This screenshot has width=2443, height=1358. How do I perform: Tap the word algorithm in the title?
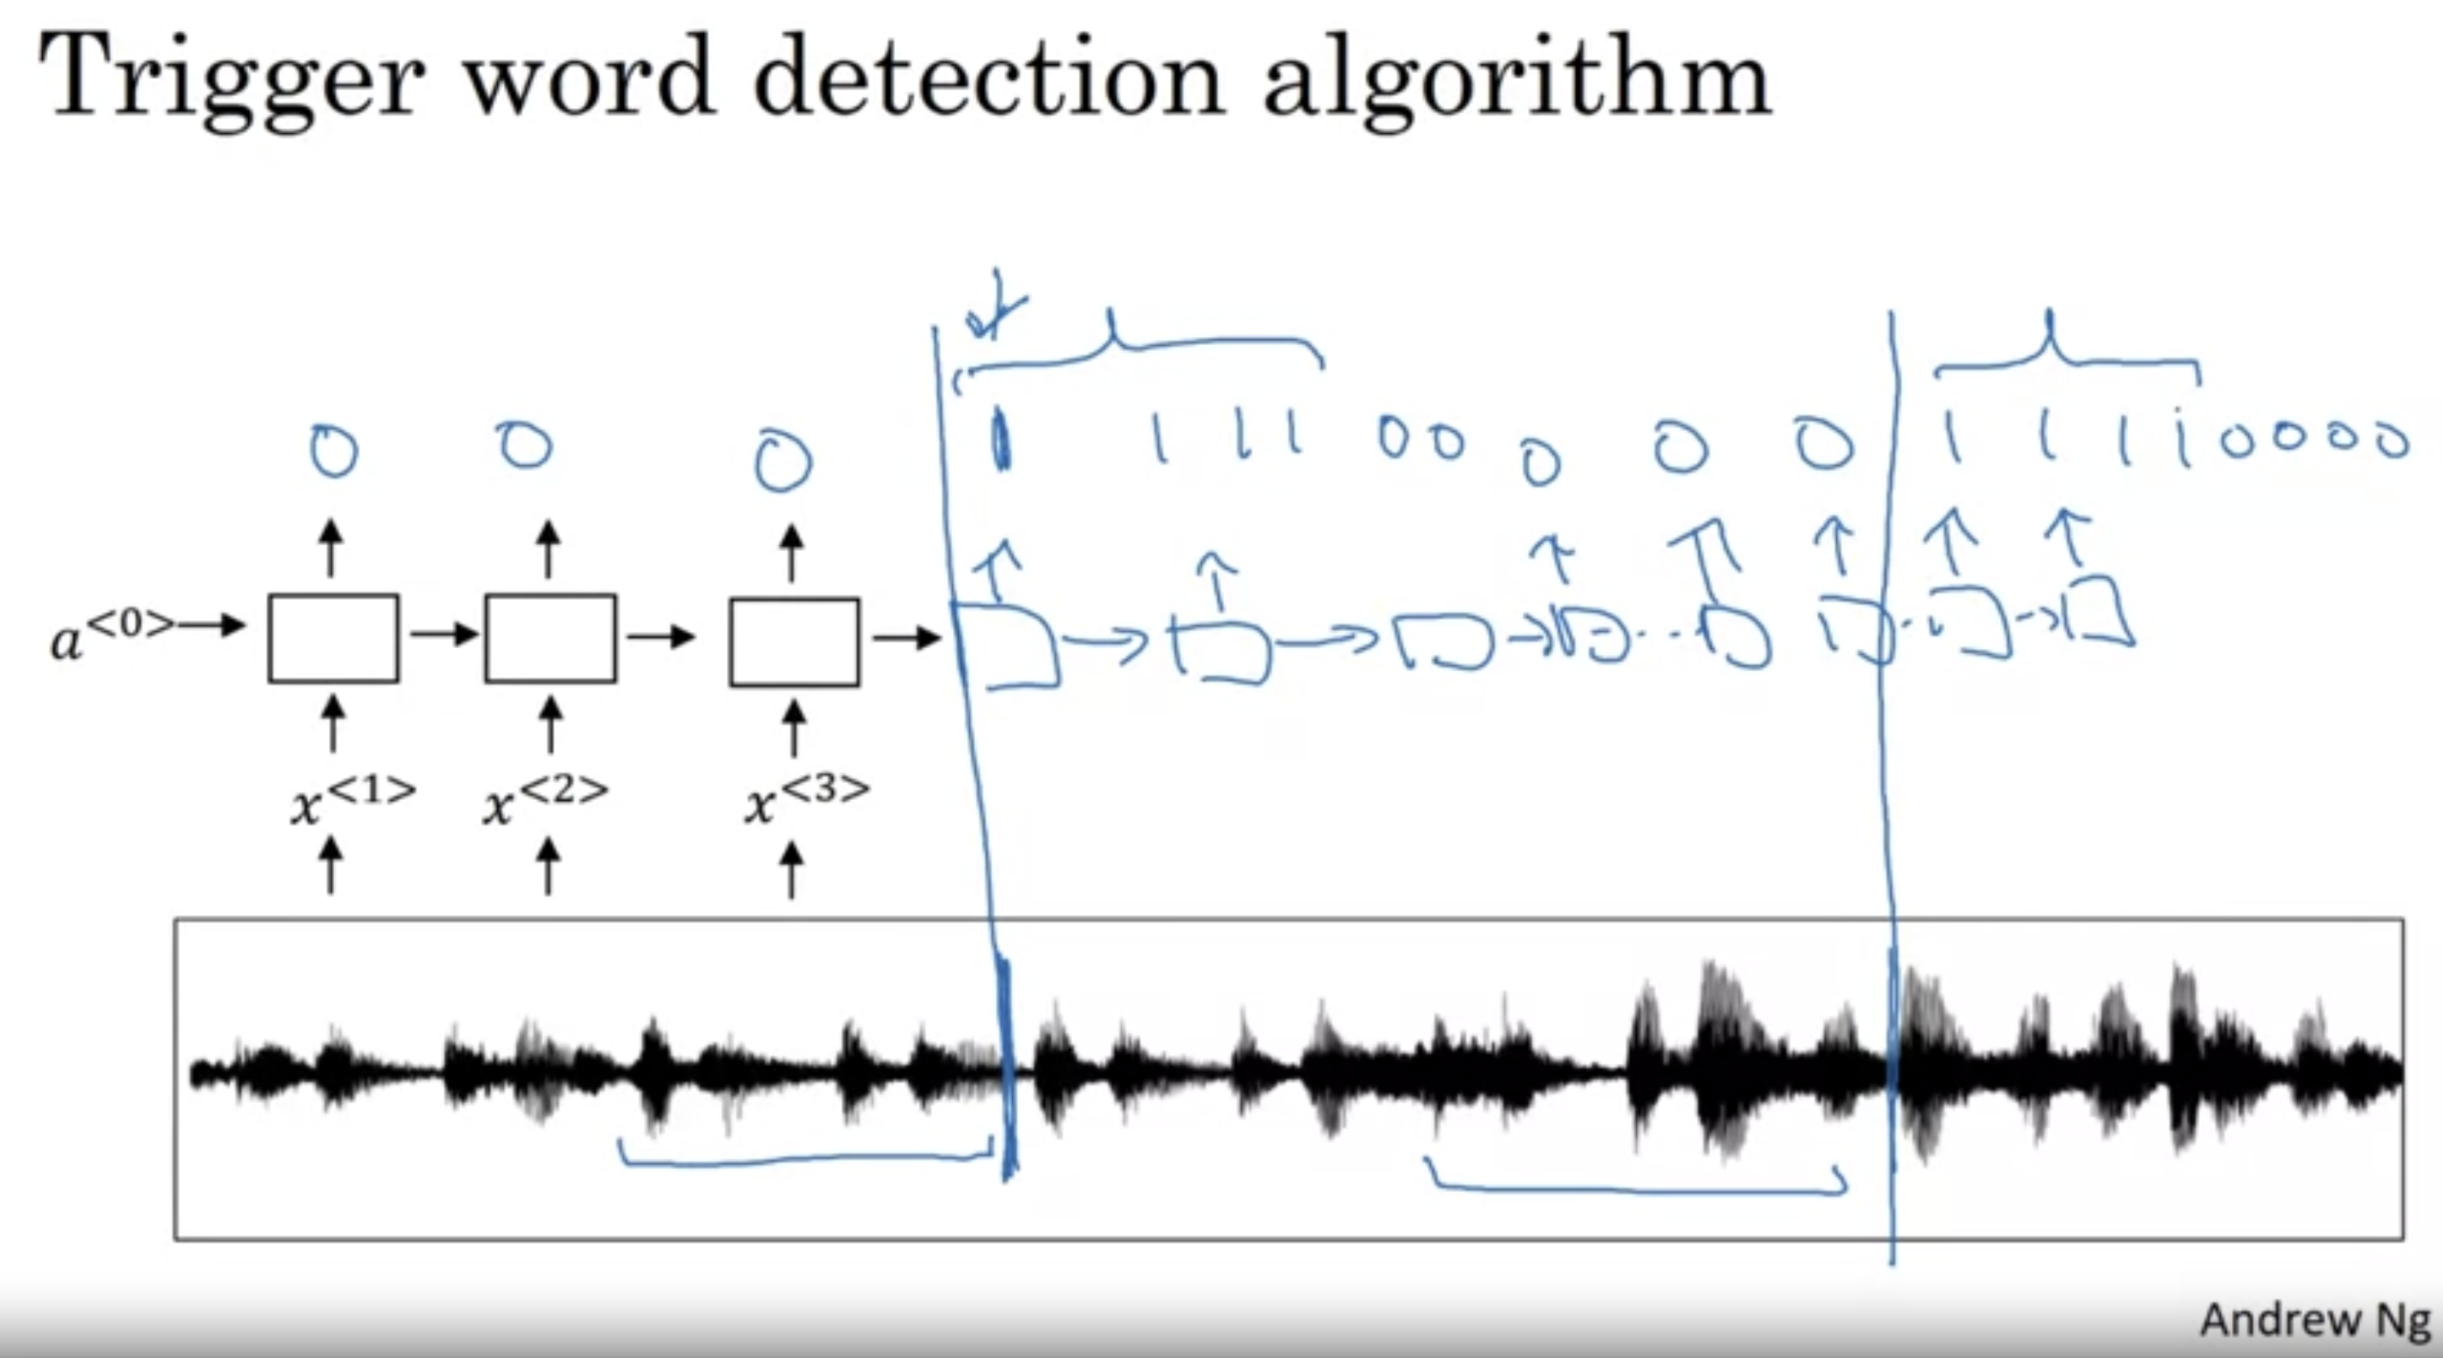1518,81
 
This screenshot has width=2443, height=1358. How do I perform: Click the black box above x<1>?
334,638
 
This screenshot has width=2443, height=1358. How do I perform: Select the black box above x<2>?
550,638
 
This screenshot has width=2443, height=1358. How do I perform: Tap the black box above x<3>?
795,641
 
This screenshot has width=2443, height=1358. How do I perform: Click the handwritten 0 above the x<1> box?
334,452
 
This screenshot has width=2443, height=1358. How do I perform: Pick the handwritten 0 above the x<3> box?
784,462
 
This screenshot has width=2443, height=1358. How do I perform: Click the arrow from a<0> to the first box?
210,625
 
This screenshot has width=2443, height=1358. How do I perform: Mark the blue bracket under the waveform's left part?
806,1157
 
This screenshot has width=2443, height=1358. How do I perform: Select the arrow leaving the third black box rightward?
905,638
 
